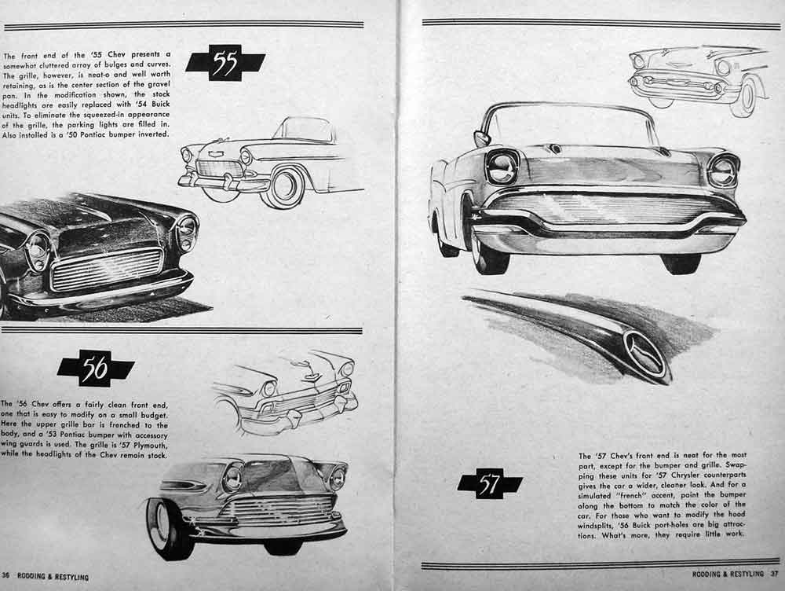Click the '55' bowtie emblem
pos(225,63)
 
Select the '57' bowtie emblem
pos(490,484)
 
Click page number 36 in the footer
pos(5,575)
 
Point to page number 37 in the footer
pos(775,574)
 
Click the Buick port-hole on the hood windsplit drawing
pos(644,354)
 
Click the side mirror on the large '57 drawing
pos(480,138)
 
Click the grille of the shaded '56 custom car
pos(279,512)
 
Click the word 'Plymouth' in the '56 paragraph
pos(152,445)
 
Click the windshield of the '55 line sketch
pos(304,130)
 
